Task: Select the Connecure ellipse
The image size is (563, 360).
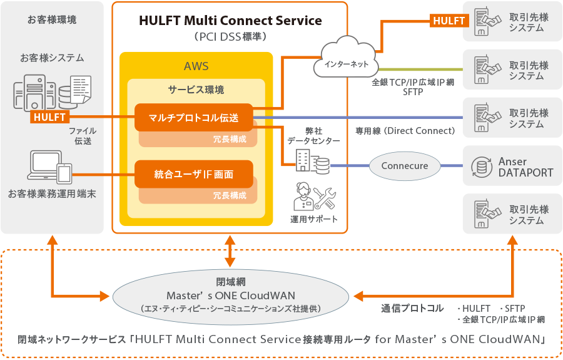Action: click(405, 166)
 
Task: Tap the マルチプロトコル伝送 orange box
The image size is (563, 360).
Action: click(193, 117)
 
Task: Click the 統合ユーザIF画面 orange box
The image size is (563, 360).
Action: click(193, 174)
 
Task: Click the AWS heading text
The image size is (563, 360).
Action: click(196, 66)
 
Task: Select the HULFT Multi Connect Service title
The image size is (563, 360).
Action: click(230, 21)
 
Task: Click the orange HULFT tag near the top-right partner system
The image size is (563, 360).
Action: click(449, 21)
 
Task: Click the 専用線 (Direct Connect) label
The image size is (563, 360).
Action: click(405, 131)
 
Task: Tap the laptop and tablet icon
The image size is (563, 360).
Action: click(52, 167)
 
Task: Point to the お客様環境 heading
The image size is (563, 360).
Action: click(52, 20)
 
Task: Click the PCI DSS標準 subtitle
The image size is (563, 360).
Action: click(230, 36)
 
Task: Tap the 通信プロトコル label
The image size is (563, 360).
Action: click(412, 308)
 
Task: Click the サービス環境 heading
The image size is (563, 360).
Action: click(196, 90)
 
